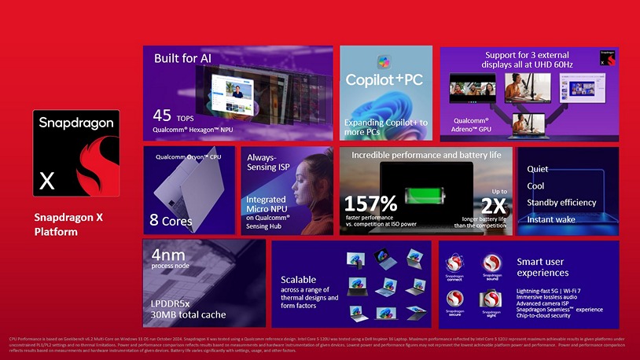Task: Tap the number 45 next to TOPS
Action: click(162, 116)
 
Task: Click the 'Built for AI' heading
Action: click(182, 58)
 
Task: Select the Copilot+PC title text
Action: click(384, 81)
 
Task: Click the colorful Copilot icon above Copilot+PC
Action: click(384, 61)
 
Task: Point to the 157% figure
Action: click(371, 203)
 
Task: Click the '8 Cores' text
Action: click(170, 221)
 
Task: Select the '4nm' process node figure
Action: click(168, 254)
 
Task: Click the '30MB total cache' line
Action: click(188, 314)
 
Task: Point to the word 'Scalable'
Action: click(299, 279)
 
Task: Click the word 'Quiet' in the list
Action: click(538, 169)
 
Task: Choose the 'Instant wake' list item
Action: click(551, 219)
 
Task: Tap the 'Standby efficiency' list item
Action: click(561, 203)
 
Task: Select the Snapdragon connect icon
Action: click(455, 266)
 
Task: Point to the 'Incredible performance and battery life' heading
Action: click(426, 155)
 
